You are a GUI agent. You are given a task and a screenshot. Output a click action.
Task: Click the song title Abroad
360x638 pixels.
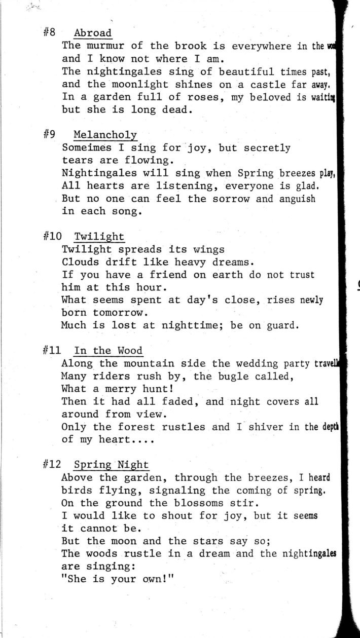[93, 33]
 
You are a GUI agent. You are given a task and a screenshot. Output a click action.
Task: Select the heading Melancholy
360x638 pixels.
[105, 135]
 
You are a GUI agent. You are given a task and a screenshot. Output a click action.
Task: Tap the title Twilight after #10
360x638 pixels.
[99, 237]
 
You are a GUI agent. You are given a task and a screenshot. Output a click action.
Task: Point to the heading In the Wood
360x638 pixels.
[108, 351]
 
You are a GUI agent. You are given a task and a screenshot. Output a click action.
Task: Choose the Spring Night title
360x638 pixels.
[112, 465]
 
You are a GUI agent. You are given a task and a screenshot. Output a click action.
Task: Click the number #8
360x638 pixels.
[49, 33]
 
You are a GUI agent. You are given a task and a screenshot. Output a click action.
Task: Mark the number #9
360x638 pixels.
[49, 135]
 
